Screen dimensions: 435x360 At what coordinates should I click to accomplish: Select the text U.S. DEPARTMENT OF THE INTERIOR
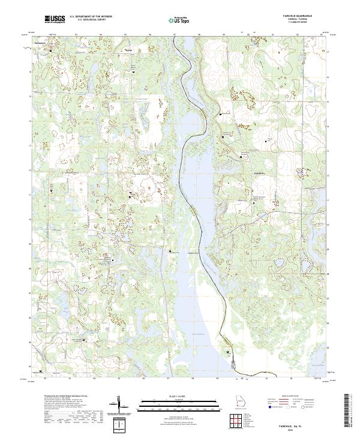[90, 17]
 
